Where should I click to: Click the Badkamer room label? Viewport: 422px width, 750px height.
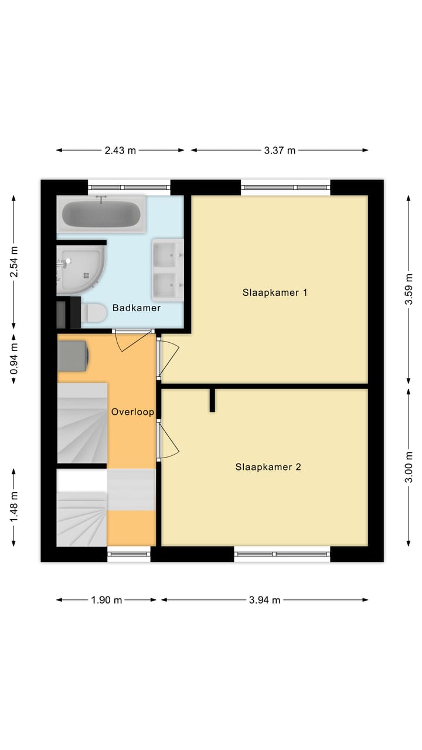tap(137, 308)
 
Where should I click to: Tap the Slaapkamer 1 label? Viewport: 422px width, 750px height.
tap(275, 292)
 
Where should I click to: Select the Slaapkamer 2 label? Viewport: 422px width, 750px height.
tap(268, 467)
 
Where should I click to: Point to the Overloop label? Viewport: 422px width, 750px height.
tap(132, 412)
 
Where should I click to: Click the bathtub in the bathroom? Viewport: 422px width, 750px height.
tap(101, 214)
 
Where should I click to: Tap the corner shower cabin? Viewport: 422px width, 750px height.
tap(81, 269)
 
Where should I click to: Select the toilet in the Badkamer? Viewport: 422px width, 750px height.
tap(93, 313)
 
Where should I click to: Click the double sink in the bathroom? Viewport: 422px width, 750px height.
tap(168, 269)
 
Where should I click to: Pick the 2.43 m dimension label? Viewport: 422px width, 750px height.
tap(120, 150)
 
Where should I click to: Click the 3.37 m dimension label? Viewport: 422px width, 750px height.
tap(280, 150)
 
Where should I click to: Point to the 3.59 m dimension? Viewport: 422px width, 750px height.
tap(409, 291)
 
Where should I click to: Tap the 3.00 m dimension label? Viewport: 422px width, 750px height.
tap(409, 467)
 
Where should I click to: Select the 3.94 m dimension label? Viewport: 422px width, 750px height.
tap(264, 599)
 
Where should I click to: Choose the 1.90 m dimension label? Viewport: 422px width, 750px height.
tap(107, 599)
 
